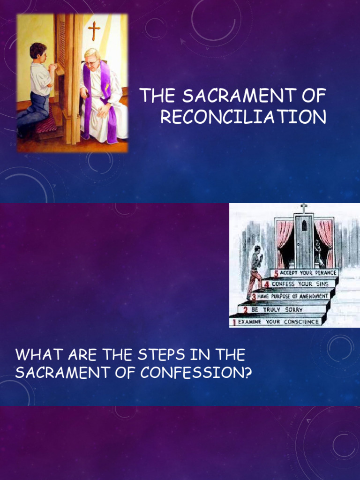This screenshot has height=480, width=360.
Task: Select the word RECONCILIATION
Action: [243, 117]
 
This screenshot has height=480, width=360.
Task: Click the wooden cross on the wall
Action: [94, 30]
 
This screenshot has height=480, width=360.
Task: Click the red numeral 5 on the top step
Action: [277, 273]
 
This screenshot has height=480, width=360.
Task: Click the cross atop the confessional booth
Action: [304, 208]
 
